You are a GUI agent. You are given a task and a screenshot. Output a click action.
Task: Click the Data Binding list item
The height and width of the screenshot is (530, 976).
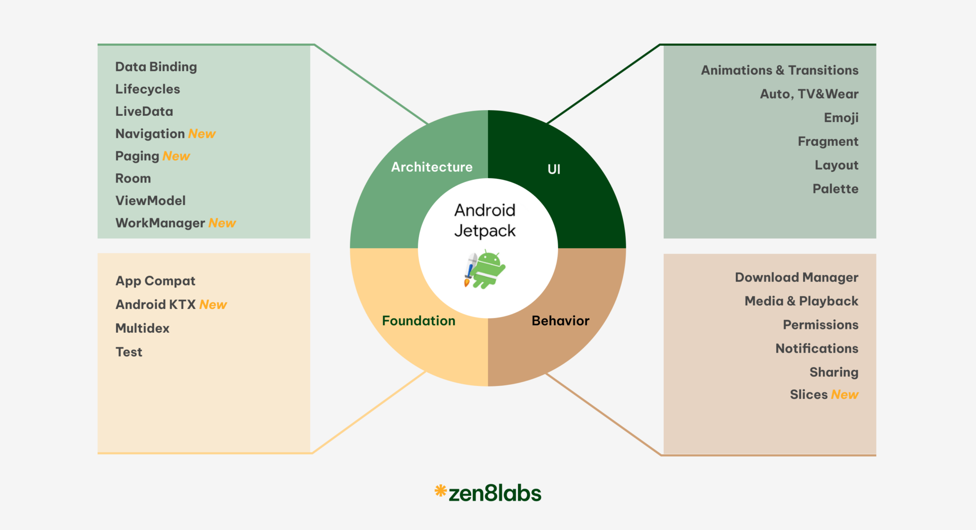(156, 67)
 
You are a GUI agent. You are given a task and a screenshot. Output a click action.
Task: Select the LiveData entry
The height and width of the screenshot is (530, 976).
(144, 112)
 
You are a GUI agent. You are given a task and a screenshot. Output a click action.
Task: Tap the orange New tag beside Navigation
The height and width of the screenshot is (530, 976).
(202, 134)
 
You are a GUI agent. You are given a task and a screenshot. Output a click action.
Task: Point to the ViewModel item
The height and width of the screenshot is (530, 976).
(150, 201)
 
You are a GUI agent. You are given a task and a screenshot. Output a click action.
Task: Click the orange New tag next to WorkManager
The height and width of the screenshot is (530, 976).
(222, 223)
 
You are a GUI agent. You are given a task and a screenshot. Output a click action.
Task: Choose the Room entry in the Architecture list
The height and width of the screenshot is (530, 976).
(133, 178)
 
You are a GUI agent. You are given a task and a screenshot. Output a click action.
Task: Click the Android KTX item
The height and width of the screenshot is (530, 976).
(155, 305)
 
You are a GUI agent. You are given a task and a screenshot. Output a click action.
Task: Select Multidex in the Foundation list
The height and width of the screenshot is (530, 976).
(142, 328)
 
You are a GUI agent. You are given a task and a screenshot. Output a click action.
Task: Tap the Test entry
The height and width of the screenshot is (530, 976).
(129, 352)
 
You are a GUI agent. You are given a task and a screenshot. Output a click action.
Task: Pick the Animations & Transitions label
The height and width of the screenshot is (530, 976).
(780, 71)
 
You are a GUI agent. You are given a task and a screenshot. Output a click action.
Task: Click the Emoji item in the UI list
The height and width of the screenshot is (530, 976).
(841, 118)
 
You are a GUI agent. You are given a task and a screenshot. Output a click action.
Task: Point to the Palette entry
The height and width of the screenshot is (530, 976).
(835, 189)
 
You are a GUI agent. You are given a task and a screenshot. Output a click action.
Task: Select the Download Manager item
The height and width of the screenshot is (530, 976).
(796, 277)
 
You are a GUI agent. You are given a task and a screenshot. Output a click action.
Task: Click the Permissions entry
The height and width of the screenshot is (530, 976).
(821, 325)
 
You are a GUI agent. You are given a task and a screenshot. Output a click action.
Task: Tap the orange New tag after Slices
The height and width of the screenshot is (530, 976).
(844, 395)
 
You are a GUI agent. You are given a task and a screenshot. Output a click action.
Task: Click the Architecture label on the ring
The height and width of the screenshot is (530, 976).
(432, 167)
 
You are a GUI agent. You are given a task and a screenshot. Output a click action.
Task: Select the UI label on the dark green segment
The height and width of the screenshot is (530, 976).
(554, 169)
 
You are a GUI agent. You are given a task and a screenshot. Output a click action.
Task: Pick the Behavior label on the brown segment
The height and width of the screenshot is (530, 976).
(560, 321)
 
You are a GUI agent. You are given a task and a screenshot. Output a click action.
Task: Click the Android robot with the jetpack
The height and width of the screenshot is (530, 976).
(486, 270)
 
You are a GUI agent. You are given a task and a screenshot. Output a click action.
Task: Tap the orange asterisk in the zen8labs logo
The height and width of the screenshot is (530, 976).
(440, 490)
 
